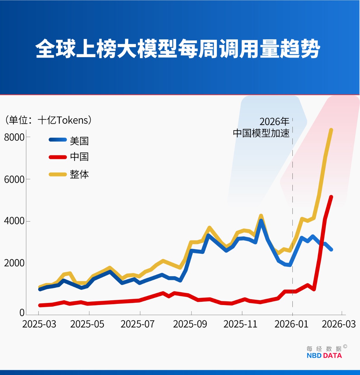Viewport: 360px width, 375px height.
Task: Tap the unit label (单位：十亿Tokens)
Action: coord(48,120)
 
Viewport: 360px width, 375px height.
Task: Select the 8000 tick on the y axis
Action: coord(14,137)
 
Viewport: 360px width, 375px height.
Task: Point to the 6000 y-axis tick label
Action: coord(14,179)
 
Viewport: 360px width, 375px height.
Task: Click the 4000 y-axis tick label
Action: coord(14,221)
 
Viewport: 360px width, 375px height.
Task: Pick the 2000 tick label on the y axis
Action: coord(14,263)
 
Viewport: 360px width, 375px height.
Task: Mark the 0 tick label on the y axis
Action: coord(22,313)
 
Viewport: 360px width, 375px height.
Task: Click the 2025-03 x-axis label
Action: coord(39,324)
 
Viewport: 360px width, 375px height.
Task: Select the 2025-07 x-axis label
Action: coord(137,324)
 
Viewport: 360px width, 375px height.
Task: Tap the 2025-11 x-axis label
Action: coord(240,324)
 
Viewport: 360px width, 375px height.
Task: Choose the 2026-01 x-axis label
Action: coord(291,324)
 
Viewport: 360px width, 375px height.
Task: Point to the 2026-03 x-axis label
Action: coord(339,324)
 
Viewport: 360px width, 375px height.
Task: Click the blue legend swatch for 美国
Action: coord(58,140)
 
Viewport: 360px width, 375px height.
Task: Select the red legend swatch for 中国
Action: coord(58,157)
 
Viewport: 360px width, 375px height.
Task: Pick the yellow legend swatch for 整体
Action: coord(58,174)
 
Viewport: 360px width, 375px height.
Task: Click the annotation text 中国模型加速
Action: coord(261,133)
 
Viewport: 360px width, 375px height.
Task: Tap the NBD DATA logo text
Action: coord(324,355)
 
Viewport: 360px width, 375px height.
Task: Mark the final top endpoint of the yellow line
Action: coord(331,130)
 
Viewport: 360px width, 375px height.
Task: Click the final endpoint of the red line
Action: coord(331,197)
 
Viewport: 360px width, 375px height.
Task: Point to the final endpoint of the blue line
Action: coord(331,249)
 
